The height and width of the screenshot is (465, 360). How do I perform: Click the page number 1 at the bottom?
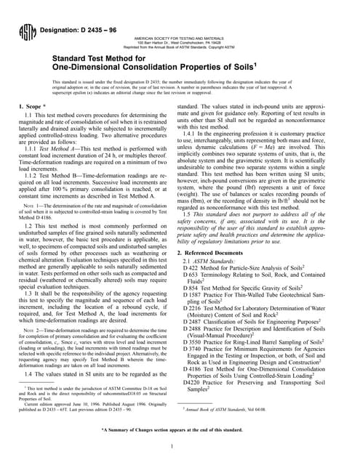(180, 445)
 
